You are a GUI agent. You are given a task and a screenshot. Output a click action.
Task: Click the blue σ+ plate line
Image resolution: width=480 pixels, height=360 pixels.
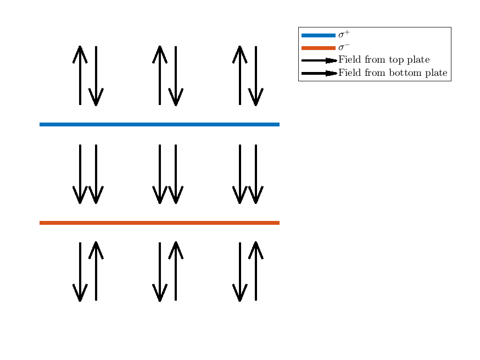(x=159, y=124)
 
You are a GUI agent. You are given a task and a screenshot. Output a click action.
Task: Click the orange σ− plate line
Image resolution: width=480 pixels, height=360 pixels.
(x=159, y=223)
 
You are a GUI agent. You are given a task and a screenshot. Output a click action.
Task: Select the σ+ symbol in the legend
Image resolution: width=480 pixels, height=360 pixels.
(x=344, y=34)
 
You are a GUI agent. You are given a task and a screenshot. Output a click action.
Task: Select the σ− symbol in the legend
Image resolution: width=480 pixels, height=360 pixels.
(x=344, y=47)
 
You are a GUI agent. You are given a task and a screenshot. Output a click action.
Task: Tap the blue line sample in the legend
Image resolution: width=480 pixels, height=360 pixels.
(x=319, y=35)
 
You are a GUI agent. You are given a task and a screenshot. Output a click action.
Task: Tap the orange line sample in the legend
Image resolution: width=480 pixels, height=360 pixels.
(x=319, y=48)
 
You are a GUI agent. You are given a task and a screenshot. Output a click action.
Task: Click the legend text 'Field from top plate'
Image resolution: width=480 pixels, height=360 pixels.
(x=384, y=59)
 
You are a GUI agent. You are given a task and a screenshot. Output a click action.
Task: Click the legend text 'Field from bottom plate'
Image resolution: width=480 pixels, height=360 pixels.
(x=393, y=73)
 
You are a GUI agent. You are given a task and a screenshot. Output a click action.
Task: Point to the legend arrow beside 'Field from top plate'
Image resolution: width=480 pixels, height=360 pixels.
(x=319, y=60)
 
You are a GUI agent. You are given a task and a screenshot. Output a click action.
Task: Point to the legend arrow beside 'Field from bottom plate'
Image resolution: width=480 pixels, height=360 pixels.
(x=319, y=73)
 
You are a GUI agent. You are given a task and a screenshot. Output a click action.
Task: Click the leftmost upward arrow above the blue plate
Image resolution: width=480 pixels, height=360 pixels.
(x=80, y=75)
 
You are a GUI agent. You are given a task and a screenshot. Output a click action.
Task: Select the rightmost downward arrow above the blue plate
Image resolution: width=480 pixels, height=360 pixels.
(x=255, y=76)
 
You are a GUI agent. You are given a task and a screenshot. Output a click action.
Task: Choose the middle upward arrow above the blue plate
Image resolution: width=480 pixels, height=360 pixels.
(x=160, y=75)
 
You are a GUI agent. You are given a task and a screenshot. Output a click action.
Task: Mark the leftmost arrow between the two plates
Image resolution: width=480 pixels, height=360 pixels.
(x=80, y=174)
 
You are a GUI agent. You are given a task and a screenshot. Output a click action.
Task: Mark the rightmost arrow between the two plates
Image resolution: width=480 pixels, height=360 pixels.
(x=255, y=174)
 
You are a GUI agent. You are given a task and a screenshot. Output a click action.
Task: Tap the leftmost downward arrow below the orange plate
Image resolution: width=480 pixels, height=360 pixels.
(x=80, y=272)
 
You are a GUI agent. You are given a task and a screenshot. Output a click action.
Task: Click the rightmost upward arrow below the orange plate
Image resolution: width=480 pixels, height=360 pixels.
(x=255, y=271)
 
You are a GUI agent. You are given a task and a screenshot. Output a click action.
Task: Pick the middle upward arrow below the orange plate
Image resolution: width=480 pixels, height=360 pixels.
(x=176, y=271)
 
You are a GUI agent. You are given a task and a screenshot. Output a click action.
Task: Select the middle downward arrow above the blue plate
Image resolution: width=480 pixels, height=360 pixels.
(x=176, y=76)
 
